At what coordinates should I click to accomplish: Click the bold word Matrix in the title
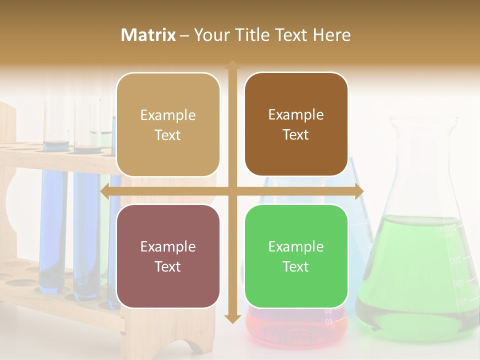coord(148,35)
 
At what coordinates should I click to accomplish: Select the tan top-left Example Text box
coord(168,125)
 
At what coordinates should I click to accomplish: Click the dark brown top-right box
coord(296,125)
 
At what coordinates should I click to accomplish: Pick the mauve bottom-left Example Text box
coord(168,256)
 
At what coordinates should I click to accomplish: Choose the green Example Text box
coord(296,256)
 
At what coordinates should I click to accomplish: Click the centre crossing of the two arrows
coord(232,191)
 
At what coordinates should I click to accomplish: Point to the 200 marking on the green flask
coord(454,260)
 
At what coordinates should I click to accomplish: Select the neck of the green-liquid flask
coord(422,160)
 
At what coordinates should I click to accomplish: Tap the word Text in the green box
coord(296,266)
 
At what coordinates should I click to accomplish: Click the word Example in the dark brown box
coord(296,115)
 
